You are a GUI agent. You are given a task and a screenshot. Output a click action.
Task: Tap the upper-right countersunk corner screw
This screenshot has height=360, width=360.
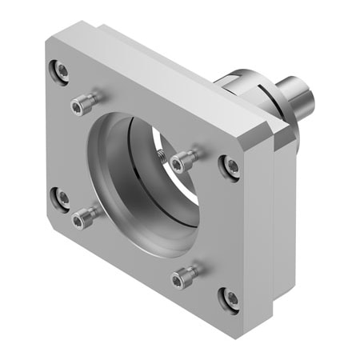click(x=231, y=166)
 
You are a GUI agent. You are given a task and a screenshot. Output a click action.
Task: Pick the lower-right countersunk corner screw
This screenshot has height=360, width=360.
click(x=230, y=298)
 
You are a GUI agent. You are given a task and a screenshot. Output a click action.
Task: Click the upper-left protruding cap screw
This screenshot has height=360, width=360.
click(x=82, y=102)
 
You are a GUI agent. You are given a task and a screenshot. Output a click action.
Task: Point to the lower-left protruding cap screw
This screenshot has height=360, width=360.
click(x=83, y=216)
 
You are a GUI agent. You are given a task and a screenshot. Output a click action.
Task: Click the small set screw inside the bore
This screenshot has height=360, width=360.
click(x=162, y=158)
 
